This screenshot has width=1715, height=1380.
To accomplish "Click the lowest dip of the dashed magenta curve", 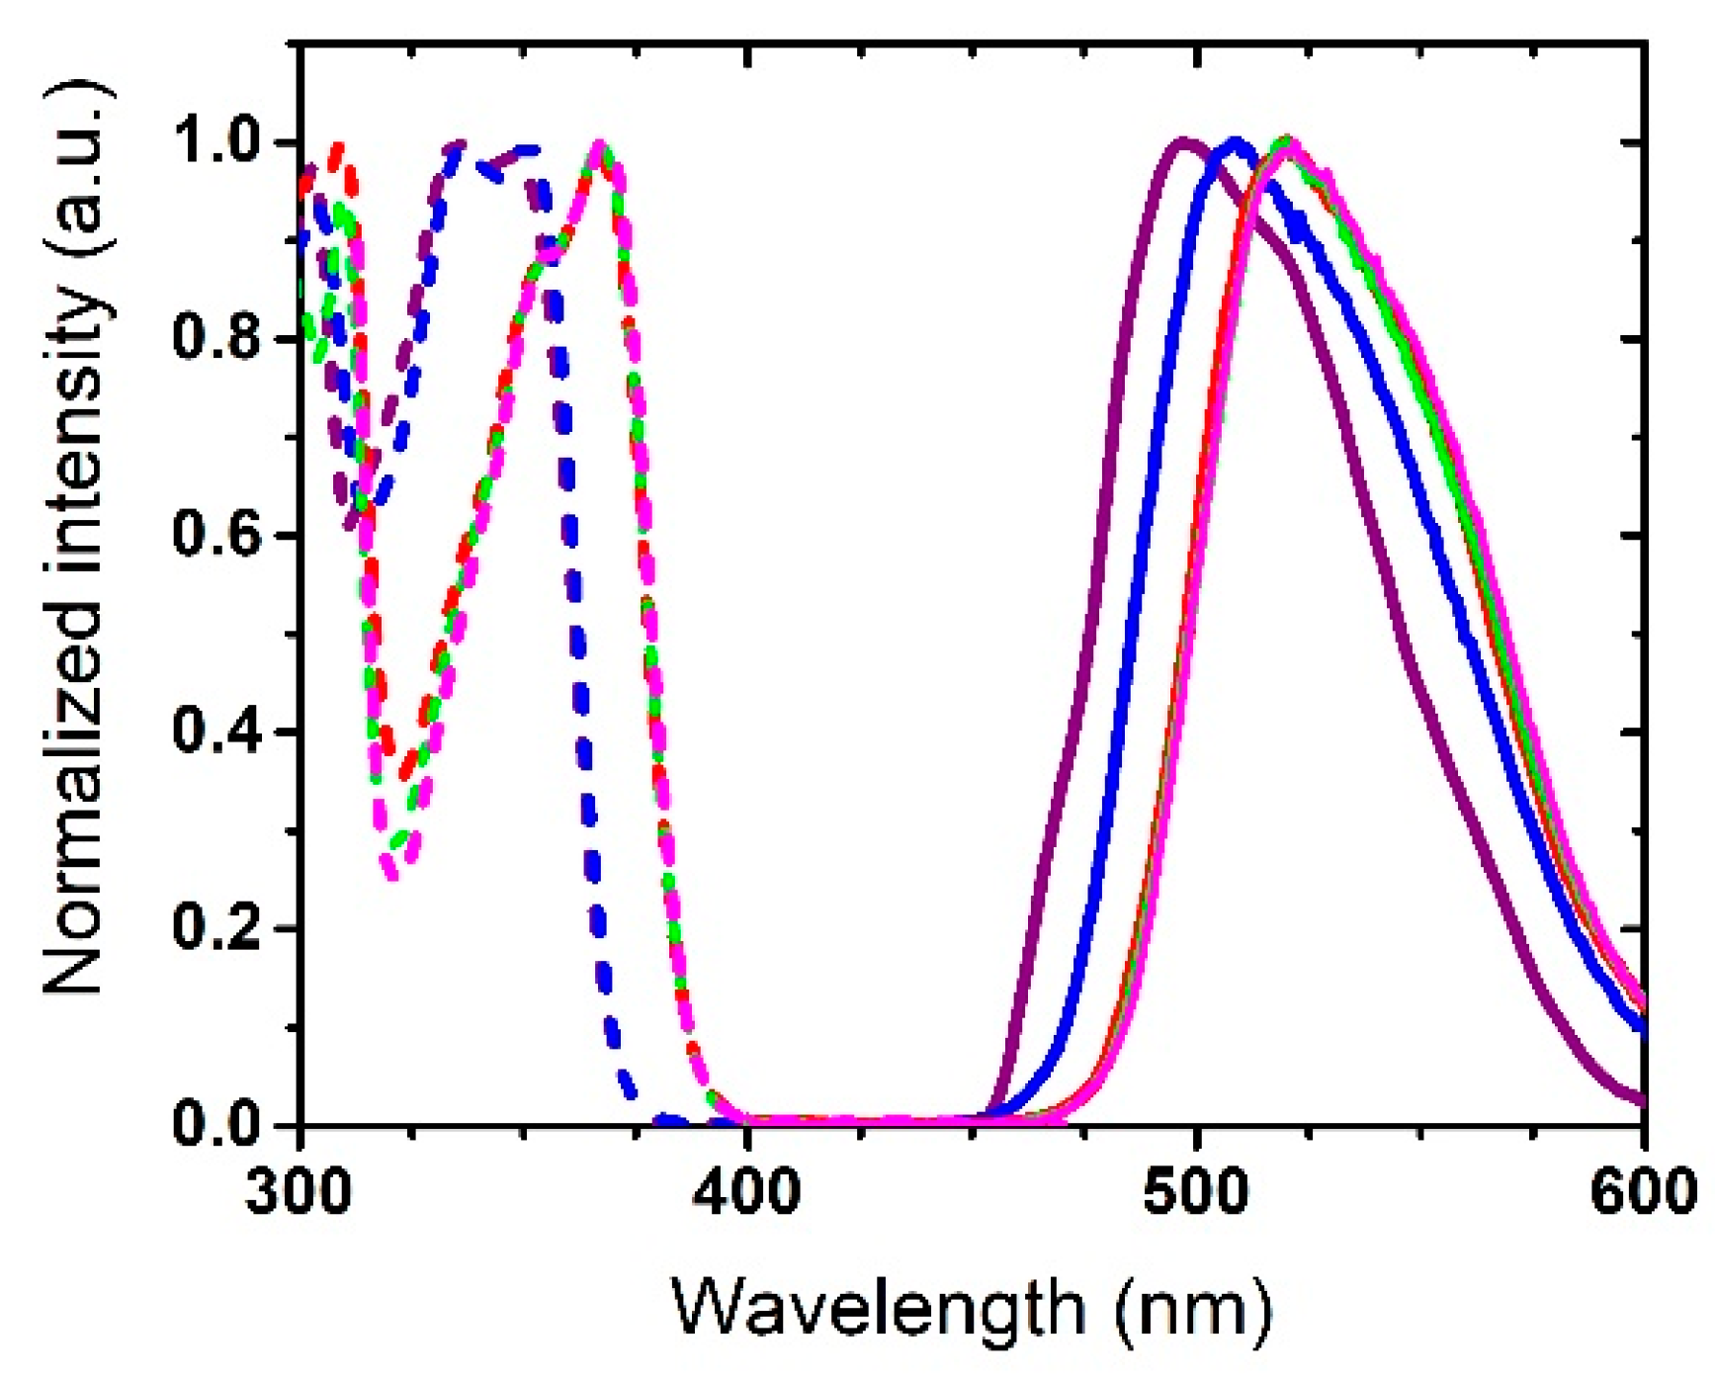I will point(392,875).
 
